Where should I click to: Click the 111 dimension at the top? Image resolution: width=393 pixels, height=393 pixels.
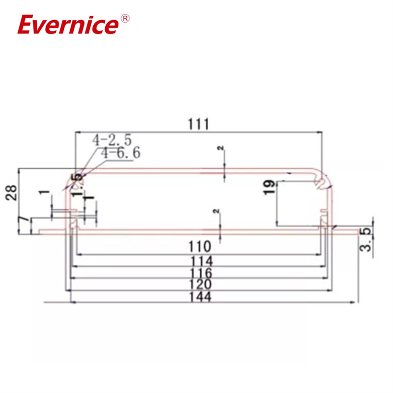(x=199, y=124)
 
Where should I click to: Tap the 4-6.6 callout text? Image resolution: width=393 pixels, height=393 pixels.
(x=121, y=153)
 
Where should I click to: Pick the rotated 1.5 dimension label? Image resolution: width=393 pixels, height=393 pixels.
(x=76, y=185)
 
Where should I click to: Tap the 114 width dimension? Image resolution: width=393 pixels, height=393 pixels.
(x=198, y=260)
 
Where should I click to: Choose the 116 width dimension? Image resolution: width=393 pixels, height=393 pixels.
(x=198, y=273)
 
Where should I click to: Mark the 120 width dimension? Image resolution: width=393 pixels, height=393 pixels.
(x=198, y=284)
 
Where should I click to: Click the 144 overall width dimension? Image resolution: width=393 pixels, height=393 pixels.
(x=198, y=297)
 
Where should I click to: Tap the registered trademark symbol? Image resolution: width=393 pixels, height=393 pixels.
(x=125, y=19)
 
